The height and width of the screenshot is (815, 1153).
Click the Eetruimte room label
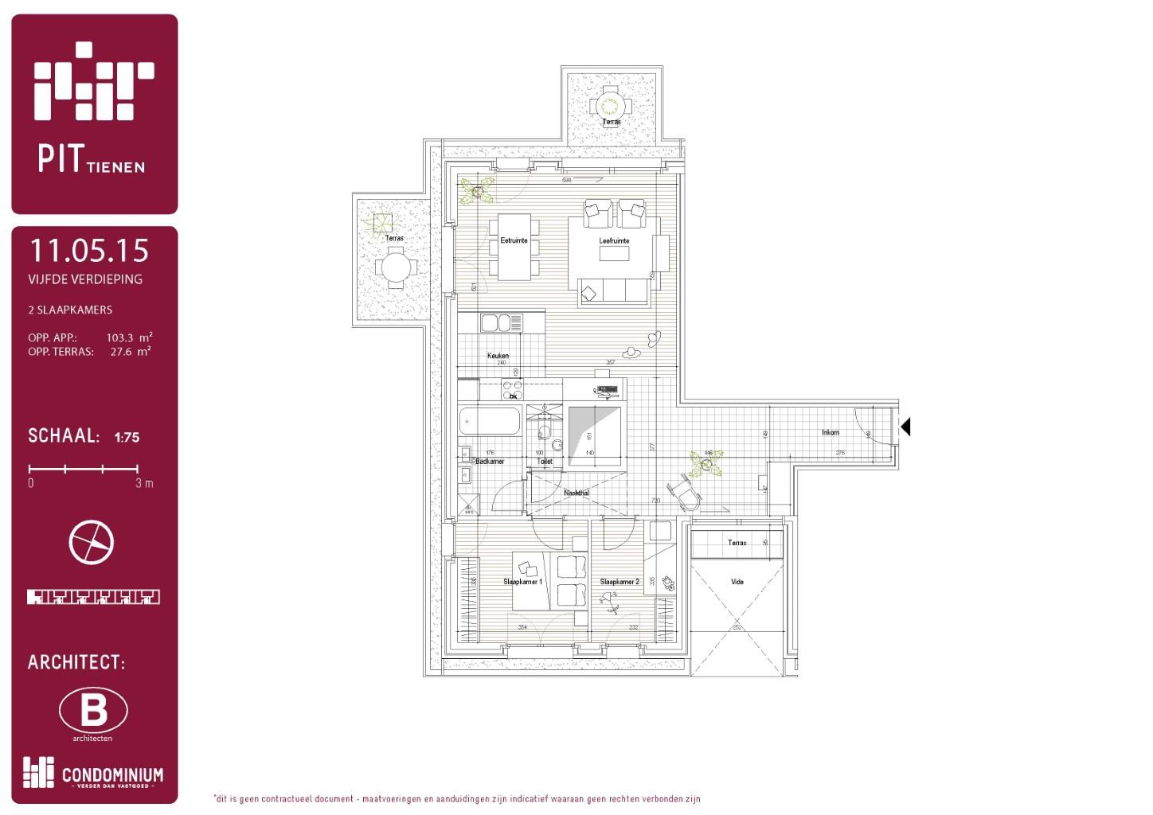tap(514, 240)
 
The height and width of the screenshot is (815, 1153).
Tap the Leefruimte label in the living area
tap(614, 240)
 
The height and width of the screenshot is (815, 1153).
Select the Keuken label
tap(498, 356)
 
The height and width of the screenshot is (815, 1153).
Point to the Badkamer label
tap(490, 462)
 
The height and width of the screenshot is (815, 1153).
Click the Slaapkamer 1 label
tap(522, 582)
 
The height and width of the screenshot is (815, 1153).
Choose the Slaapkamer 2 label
tap(619, 582)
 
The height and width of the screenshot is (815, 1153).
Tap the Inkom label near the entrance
tap(831, 432)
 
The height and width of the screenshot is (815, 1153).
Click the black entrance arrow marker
tap(905, 427)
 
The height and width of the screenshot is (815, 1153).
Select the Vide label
tap(737, 582)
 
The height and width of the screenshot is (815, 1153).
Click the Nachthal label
tap(576, 493)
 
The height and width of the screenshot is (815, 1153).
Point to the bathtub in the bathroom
tap(491, 420)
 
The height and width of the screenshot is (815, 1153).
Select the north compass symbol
tap(92, 542)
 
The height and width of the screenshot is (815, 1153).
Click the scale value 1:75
tap(127, 437)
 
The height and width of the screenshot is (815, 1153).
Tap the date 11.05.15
tap(89, 251)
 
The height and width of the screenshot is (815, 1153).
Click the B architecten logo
tap(93, 710)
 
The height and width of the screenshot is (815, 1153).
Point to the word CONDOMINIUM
tap(112, 775)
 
